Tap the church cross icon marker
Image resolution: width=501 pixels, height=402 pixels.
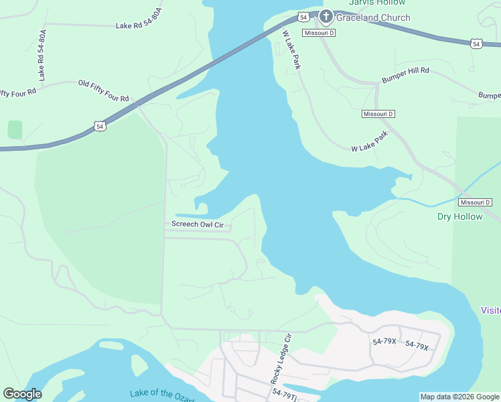coord(326,16)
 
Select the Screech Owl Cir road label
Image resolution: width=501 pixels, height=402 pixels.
coord(197,224)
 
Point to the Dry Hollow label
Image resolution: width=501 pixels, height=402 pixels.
coord(459,216)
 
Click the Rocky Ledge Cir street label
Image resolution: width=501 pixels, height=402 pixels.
coord(282,358)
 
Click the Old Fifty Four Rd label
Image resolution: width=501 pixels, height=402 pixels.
coord(103,90)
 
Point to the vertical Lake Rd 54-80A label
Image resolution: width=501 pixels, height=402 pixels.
coord(43,55)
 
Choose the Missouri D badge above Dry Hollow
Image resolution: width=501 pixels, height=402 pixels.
coord(476,202)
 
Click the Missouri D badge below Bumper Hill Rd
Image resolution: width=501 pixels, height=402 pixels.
coord(378,114)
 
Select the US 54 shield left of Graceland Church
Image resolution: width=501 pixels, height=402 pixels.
coord(303,16)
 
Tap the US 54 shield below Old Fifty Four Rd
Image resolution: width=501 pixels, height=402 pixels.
coord(99,126)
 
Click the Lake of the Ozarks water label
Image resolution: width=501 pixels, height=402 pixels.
coord(161,394)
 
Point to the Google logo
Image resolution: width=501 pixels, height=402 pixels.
coord(22,394)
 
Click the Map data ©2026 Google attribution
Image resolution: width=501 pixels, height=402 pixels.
coord(459,397)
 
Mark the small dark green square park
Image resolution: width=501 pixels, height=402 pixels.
coord(15,129)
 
